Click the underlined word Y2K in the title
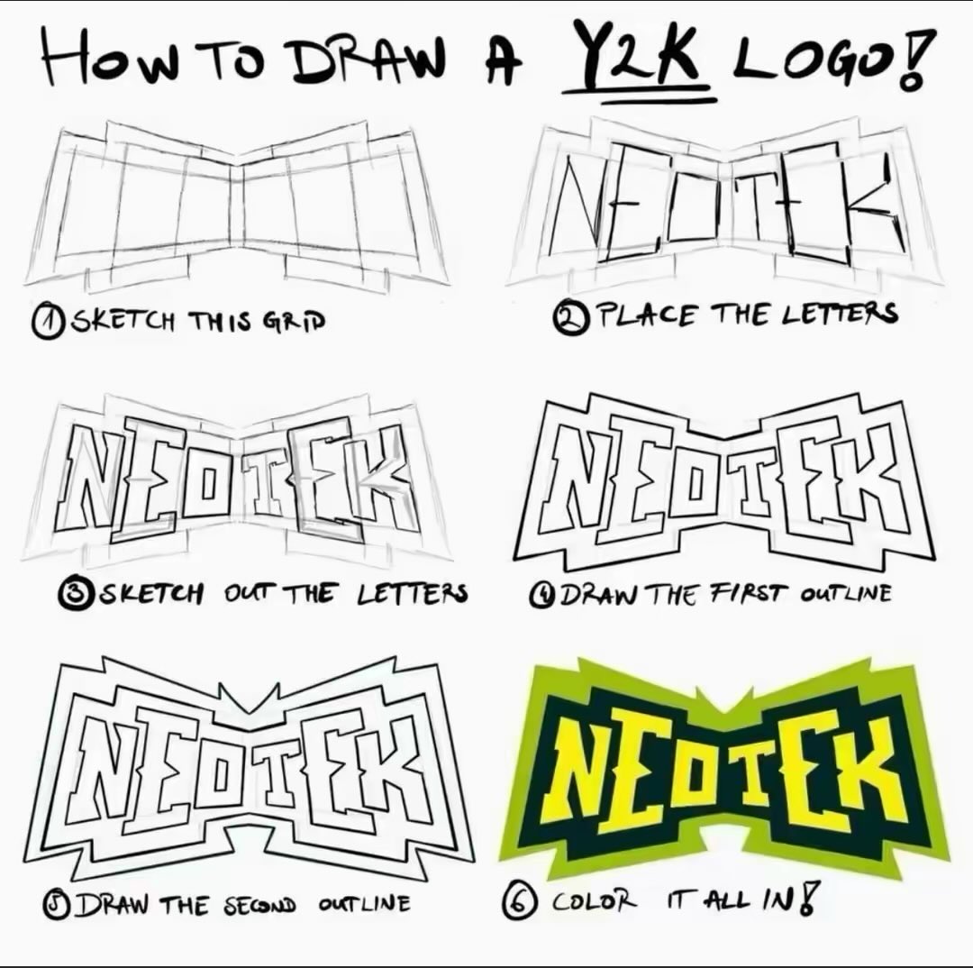click(x=639, y=58)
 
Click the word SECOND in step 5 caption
click(x=260, y=904)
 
